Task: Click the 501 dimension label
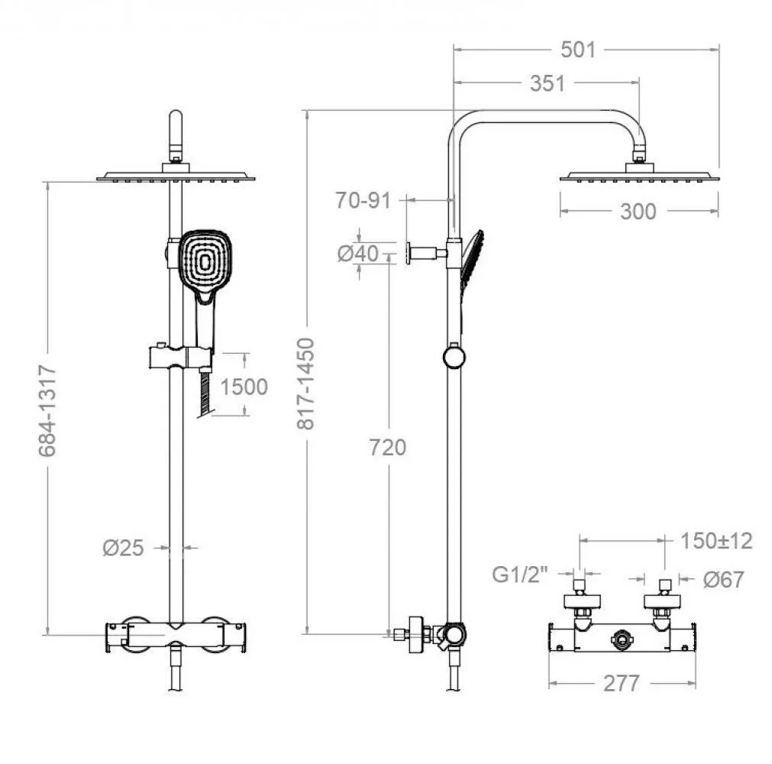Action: pyautogui.click(x=578, y=50)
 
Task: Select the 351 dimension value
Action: pyautogui.click(x=547, y=83)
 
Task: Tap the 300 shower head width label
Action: pyautogui.click(x=638, y=212)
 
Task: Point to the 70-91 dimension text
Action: pyautogui.click(x=363, y=200)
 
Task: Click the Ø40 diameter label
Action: pyautogui.click(x=358, y=254)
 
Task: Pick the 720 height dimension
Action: pyautogui.click(x=388, y=447)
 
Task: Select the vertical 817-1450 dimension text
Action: pyautogui.click(x=305, y=384)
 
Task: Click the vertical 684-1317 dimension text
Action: pyautogui.click(x=47, y=411)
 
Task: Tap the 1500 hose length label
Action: pyautogui.click(x=244, y=387)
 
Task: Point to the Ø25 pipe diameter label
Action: pyautogui.click(x=123, y=548)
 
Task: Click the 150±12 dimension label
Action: pyautogui.click(x=716, y=541)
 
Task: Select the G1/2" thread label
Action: pyautogui.click(x=520, y=575)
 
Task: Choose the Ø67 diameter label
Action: pyautogui.click(x=723, y=579)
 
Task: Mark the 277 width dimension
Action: pyautogui.click(x=622, y=683)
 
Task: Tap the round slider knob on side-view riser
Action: pyautogui.click(x=454, y=357)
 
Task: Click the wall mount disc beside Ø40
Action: pyautogui.click(x=409, y=253)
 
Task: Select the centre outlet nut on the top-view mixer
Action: pyautogui.click(x=622, y=640)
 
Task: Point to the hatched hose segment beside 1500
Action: pyautogui.click(x=206, y=394)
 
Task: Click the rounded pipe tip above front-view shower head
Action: pyautogui.click(x=176, y=118)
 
